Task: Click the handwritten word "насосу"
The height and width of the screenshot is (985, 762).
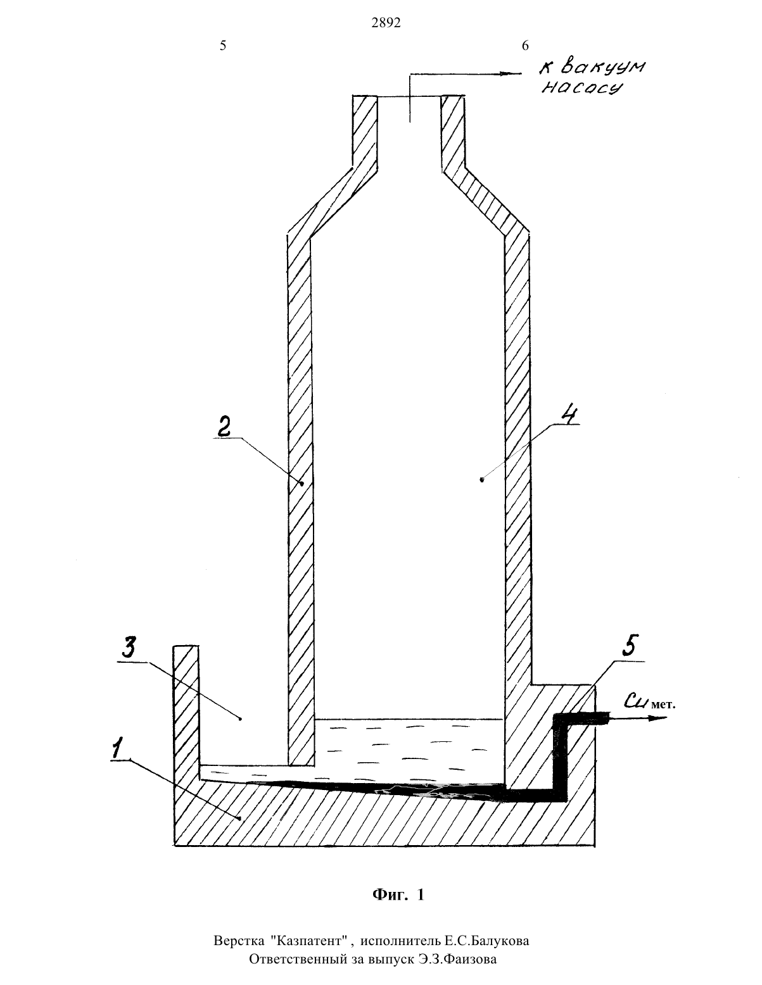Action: pyautogui.click(x=582, y=88)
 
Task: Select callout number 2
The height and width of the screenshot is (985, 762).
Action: pyautogui.click(x=224, y=427)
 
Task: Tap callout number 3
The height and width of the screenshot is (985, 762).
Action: pyautogui.click(x=129, y=648)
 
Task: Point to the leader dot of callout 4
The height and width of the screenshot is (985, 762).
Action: pyautogui.click(x=482, y=480)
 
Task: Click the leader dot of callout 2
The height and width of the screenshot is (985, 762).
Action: pyautogui.click(x=302, y=484)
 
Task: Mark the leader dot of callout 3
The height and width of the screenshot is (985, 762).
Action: pyautogui.click(x=241, y=718)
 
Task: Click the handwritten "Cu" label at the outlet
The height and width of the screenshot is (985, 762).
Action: pyautogui.click(x=637, y=701)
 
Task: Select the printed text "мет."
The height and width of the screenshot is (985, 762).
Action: pyautogui.click(x=664, y=705)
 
